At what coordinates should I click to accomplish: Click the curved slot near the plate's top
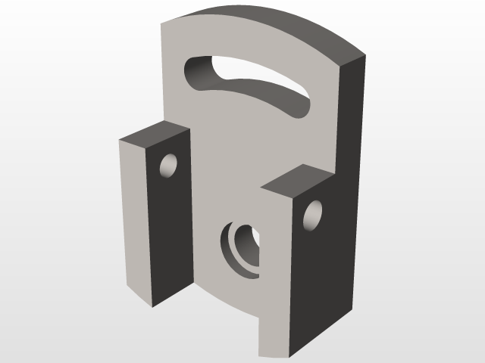(x=250, y=84)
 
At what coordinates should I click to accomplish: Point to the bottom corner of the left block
(x=152, y=306)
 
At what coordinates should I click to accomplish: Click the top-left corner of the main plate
(x=163, y=23)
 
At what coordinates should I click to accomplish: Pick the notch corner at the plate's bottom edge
(x=258, y=317)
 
